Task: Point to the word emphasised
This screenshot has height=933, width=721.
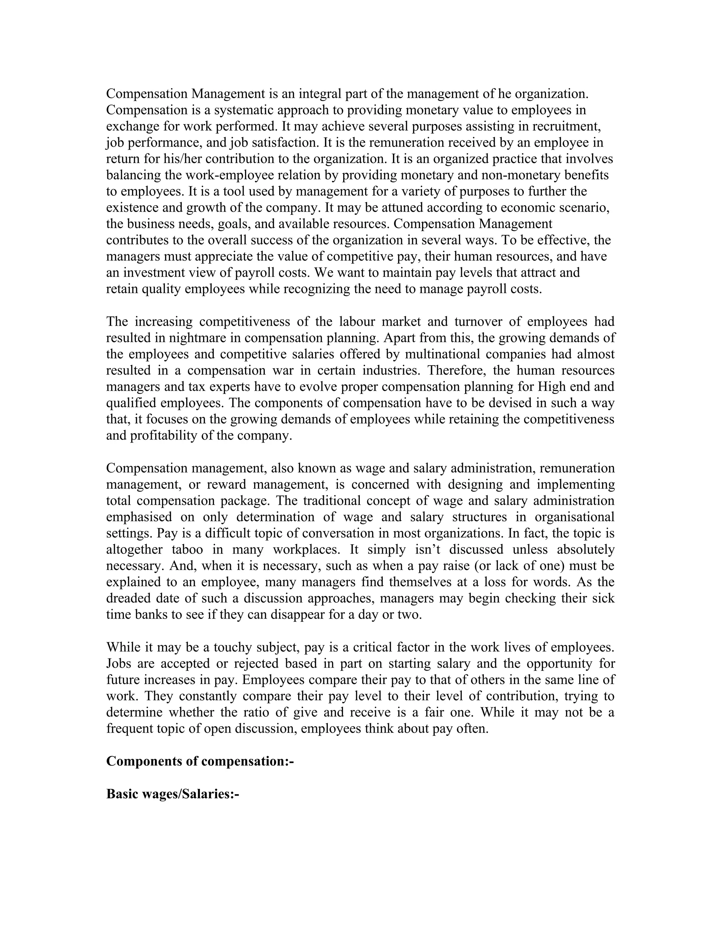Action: (139, 517)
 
